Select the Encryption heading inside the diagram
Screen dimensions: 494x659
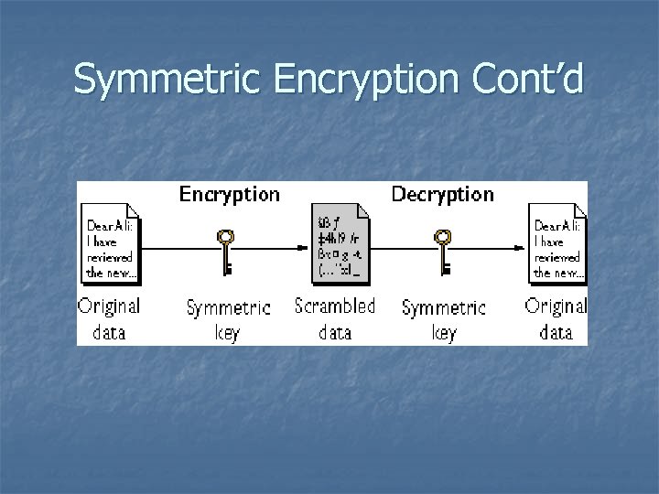click(x=229, y=195)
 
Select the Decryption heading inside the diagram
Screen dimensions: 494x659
click(x=442, y=195)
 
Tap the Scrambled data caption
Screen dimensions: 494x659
click(x=335, y=319)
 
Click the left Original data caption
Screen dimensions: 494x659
click(x=109, y=319)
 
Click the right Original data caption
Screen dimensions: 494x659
click(x=556, y=319)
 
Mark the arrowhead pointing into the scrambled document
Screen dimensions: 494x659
click(x=306, y=245)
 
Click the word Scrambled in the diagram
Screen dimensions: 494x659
click(x=335, y=306)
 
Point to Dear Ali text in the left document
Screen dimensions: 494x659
click(x=107, y=225)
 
